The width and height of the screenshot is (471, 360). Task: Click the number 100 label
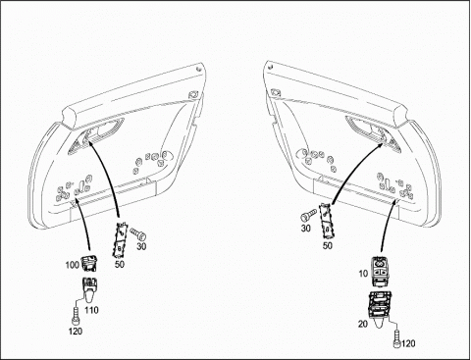coord(73,265)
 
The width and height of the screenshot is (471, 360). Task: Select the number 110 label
coord(91,309)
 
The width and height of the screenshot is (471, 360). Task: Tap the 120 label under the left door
coord(76,332)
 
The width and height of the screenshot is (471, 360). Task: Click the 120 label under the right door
coord(408,343)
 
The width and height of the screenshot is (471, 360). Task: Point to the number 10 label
coord(363,274)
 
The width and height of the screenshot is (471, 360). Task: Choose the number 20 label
coord(363,324)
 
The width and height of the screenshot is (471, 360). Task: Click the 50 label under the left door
coord(120,264)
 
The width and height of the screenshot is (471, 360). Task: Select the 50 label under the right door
coord(328,245)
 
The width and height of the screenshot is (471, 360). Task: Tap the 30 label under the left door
coord(141,246)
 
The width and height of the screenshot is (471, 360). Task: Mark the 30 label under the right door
coord(305,228)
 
